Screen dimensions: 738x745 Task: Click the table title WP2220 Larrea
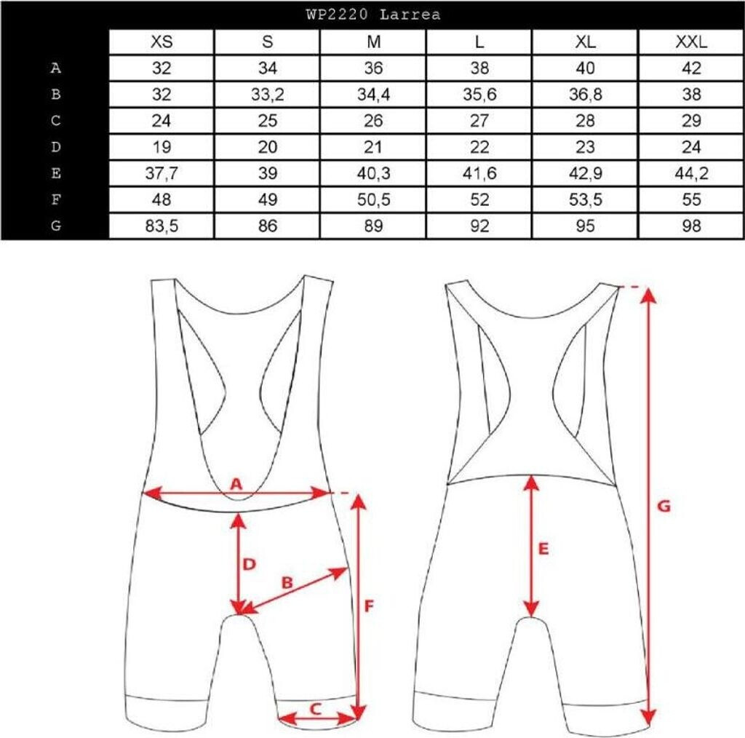(x=373, y=14)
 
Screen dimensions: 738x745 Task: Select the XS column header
(x=162, y=41)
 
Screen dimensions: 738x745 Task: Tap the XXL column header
(x=692, y=41)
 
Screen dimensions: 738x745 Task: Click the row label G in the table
(x=55, y=226)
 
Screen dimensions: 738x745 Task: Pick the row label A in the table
(x=55, y=68)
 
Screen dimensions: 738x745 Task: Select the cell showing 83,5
(x=162, y=226)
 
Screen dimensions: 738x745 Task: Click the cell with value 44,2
(x=692, y=173)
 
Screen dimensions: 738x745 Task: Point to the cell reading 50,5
(x=373, y=199)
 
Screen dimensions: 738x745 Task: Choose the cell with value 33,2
(x=267, y=95)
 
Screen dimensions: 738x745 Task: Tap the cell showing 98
(x=692, y=226)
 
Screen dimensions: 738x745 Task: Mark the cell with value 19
(x=162, y=147)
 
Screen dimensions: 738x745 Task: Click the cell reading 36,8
(x=586, y=95)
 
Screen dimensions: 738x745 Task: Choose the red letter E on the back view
(x=543, y=549)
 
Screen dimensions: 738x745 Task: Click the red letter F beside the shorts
(x=369, y=605)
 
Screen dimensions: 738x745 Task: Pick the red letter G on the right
(x=663, y=504)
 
